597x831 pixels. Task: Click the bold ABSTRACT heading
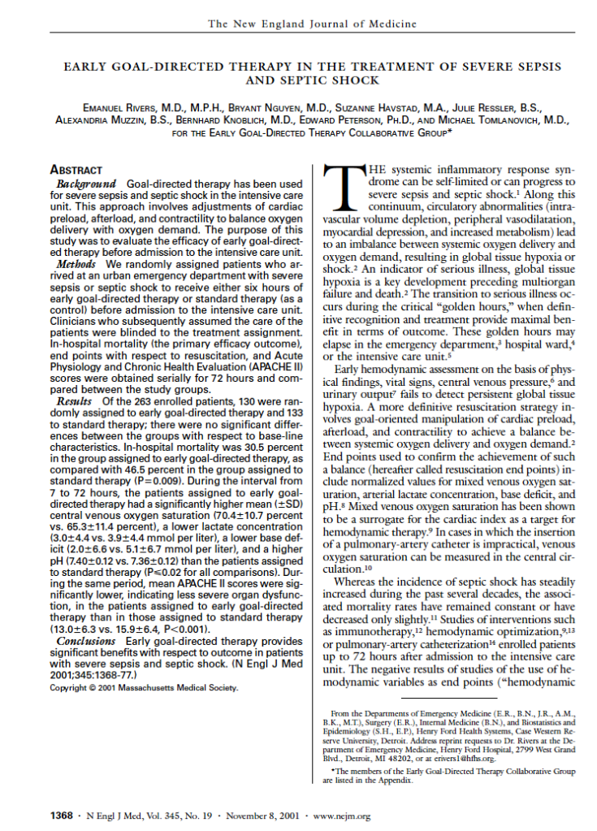click(x=76, y=171)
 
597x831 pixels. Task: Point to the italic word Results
click(x=76, y=401)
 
